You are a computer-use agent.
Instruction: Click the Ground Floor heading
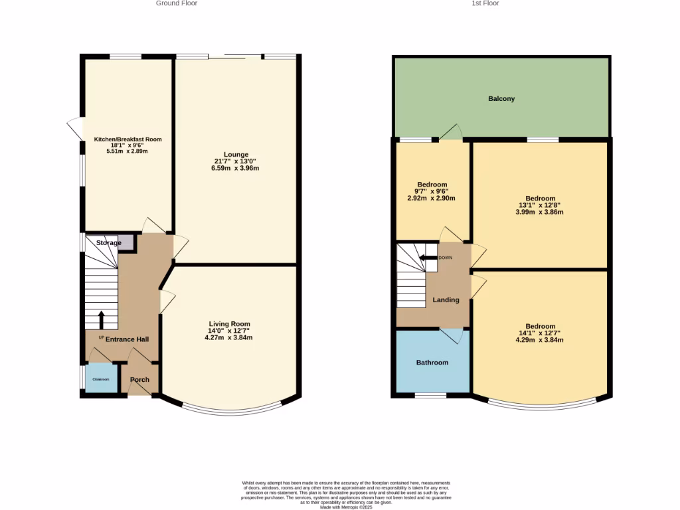[x=177, y=3]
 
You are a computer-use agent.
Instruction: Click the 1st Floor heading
[x=485, y=3]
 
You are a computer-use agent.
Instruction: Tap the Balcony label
[x=501, y=99]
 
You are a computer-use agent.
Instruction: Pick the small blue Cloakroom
[x=101, y=379]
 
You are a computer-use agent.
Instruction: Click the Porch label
[x=139, y=380]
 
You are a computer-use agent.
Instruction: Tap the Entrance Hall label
[x=127, y=339]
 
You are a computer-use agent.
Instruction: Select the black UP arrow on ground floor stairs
[x=101, y=320]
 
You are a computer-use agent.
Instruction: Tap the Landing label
[x=446, y=300]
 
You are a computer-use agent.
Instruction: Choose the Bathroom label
[x=432, y=363]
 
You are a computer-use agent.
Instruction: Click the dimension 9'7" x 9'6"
[x=432, y=191]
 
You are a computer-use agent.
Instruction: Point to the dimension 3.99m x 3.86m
[x=540, y=212]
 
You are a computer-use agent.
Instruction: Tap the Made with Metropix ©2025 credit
[x=346, y=507]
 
